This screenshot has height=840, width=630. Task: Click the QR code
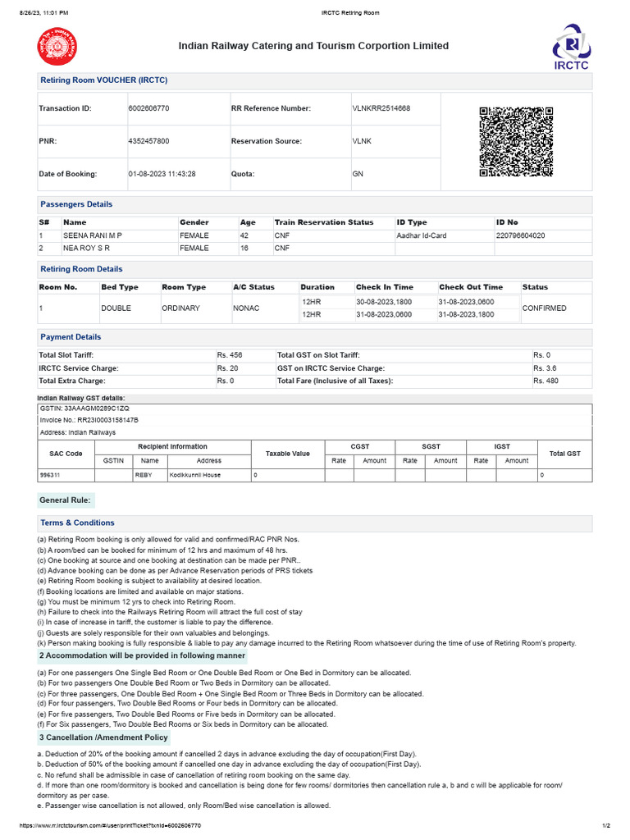click(516, 141)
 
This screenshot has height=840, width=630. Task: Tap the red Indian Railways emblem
click(55, 46)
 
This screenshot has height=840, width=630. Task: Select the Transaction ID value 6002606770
click(149, 108)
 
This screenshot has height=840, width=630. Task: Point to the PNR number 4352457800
click(149, 141)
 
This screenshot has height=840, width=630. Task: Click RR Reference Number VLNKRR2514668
click(381, 108)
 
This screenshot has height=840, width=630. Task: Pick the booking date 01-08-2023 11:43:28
click(162, 174)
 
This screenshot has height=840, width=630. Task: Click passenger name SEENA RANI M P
click(93, 235)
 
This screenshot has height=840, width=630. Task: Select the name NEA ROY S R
click(87, 248)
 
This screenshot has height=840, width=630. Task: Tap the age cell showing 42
click(244, 235)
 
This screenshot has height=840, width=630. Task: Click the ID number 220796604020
click(520, 235)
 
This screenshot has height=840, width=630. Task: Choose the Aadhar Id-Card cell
click(422, 235)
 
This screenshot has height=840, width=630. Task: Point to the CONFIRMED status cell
click(544, 308)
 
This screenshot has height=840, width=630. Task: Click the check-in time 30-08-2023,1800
click(383, 302)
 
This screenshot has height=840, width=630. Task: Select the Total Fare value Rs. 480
click(546, 381)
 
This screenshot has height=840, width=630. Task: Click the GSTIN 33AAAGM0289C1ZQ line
click(84, 408)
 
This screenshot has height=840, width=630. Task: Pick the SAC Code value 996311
click(50, 475)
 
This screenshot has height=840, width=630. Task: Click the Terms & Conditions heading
click(77, 523)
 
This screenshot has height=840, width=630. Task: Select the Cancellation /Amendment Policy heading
click(103, 737)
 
